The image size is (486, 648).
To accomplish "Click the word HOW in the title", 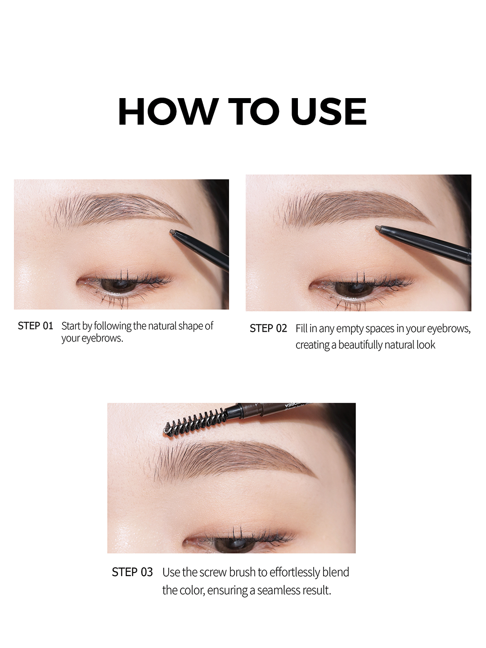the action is [x=168, y=111].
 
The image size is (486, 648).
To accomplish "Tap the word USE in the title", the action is [x=328, y=111].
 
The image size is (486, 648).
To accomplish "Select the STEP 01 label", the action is [x=36, y=326].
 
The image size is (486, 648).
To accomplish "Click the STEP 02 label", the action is [x=268, y=328].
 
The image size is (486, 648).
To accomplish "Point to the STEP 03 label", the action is [x=132, y=572].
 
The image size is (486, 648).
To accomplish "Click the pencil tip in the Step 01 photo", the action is [x=172, y=232].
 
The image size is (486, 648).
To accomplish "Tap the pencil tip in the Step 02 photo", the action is [x=378, y=228].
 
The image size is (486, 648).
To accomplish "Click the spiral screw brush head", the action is [x=195, y=421].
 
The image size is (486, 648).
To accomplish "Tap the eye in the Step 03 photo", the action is [x=239, y=543].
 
